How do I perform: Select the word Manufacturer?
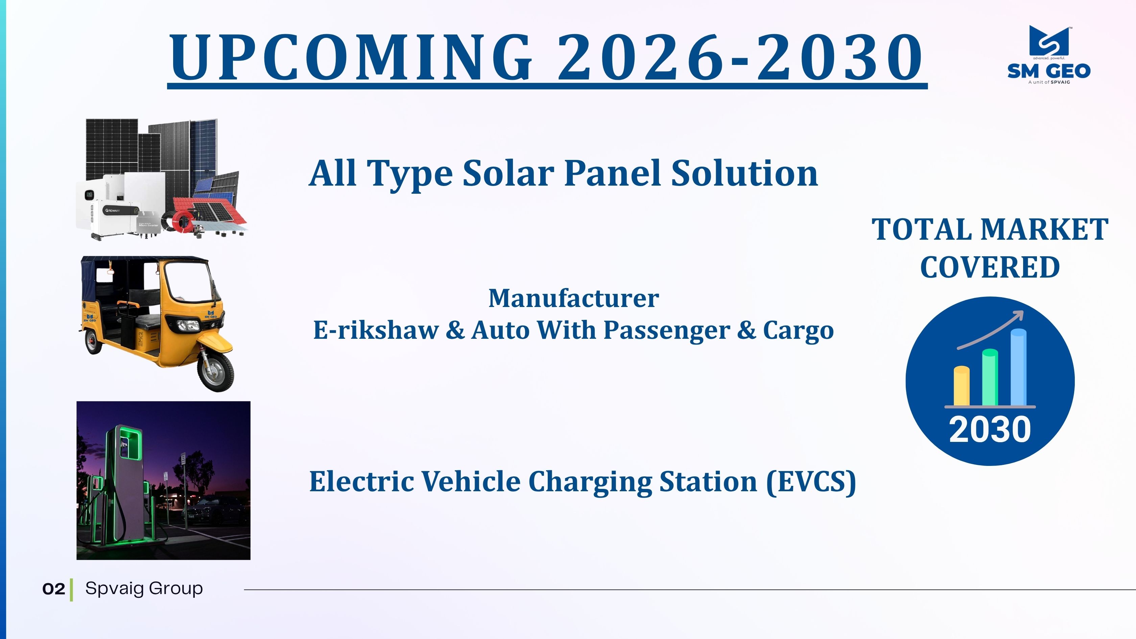coord(574,299)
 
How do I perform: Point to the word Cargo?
coord(798,331)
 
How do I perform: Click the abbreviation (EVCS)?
coord(811,481)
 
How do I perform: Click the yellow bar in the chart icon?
coord(961,386)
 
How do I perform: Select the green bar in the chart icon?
coord(990,377)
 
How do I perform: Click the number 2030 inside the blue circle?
coord(990,429)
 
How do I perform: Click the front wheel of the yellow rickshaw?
coord(216,371)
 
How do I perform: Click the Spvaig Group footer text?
coord(144,589)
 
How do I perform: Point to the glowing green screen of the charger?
coord(131,445)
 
